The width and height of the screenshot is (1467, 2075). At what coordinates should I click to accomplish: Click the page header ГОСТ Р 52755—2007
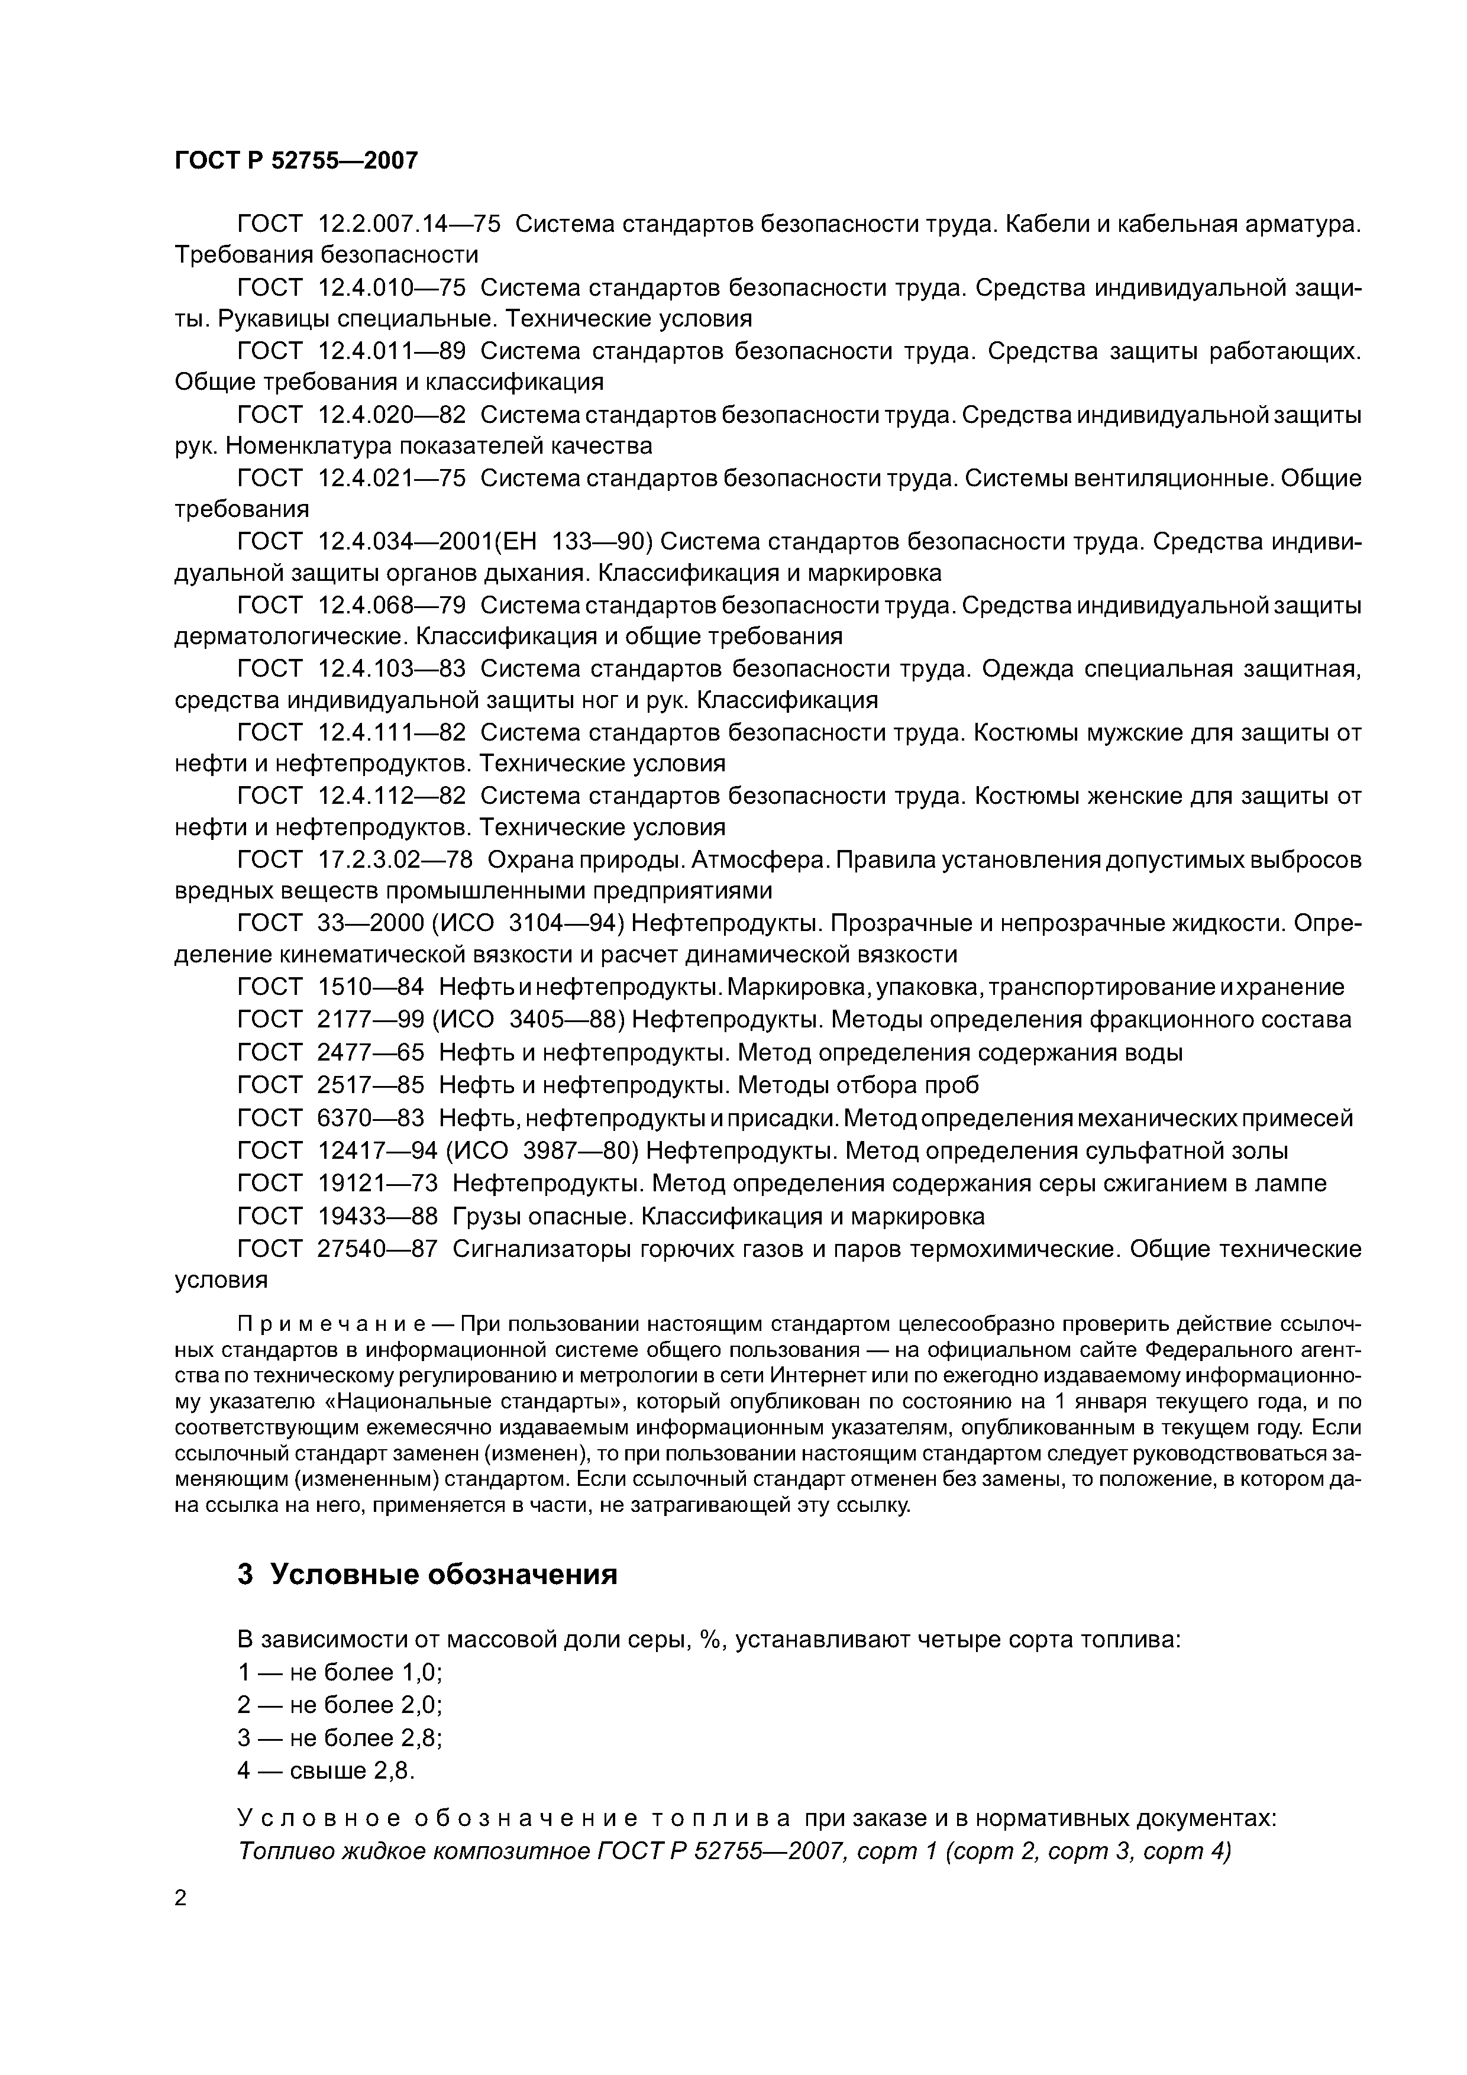296,161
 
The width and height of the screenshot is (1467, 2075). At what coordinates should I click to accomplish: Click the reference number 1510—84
370,987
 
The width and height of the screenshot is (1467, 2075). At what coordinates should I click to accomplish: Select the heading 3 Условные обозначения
428,1575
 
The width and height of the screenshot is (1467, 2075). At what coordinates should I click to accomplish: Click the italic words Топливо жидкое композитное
413,1850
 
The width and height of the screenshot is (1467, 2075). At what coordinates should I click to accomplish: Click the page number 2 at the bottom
181,1898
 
